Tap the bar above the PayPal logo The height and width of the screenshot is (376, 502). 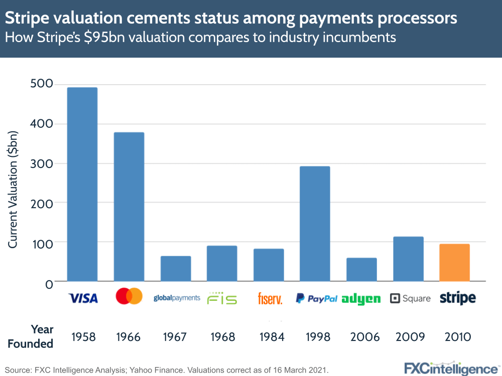(315, 224)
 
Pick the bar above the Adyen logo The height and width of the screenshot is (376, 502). (361, 269)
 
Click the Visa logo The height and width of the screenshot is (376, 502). (83, 299)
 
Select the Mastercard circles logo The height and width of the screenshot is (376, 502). (129, 296)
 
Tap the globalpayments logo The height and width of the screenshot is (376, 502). (176, 298)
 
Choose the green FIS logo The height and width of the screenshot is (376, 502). (222, 298)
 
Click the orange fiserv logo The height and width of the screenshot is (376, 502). (270, 299)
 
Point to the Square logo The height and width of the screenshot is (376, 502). (410, 298)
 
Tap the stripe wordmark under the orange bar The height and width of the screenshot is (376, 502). (457, 298)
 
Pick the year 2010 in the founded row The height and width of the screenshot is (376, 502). (458, 336)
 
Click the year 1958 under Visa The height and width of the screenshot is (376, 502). (83, 336)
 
